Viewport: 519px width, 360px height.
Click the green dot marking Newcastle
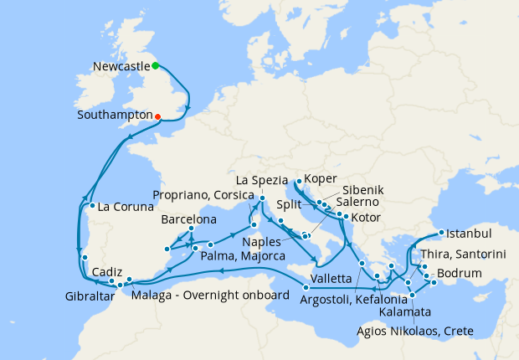coord(156,65)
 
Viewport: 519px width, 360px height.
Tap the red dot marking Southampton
coord(157,116)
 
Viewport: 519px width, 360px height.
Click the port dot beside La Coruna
coord(91,205)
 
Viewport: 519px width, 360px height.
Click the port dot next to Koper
coord(299,179)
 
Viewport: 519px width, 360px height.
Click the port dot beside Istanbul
coord(442,233)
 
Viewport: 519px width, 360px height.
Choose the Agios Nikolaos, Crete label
coord(413,331)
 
